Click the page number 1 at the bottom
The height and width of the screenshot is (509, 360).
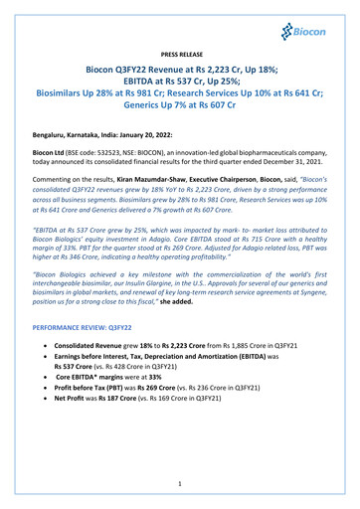[179, 484]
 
